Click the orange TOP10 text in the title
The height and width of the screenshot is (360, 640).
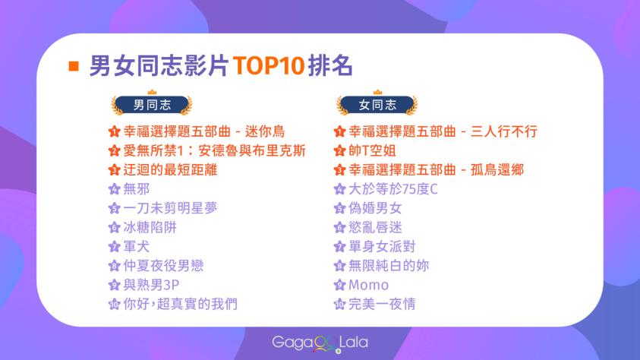pyautogui.click(x=269, y=65)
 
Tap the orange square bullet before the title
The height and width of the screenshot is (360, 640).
pyautogui.click(x=74, y=66)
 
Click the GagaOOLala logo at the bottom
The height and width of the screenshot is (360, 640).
pyautogui.click(x=320, y=343)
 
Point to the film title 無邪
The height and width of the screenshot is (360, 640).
pyautogui.click(x=137, y=189)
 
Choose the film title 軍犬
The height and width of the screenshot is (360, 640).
pyautogui.click(x=137, y=247)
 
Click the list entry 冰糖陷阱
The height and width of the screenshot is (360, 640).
pyautogui.click(x=150, y=227)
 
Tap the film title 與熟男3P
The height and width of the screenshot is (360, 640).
pyautogui.click(x=151, y=285)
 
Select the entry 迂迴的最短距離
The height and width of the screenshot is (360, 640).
pyautogui.click(x=170, y=170)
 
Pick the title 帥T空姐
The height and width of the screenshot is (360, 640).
pyautogui.click(x=372, y=150)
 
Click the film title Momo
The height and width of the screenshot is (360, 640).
pyautogui.click(x=368, y=285)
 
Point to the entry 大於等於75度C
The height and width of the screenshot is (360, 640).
pyautogui.click(x=393, y=189)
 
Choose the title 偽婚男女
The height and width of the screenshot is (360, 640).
pyautogui.click(x=375, y=208)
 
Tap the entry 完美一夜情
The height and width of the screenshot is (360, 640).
pyautogui.click(x=382, y=304)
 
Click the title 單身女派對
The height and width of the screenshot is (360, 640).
pyautogui.click(x=382, y=247)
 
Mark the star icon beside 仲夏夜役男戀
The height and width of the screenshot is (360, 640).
pyautogui.click(x=115, y=266)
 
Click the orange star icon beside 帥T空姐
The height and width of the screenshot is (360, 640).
pyautogui.click(x=339, y=151)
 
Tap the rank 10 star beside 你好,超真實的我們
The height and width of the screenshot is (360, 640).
pyautogui.click(x=115, y=305)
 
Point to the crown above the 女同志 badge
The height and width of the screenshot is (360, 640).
pyautogui.click(x=377, y=92)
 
